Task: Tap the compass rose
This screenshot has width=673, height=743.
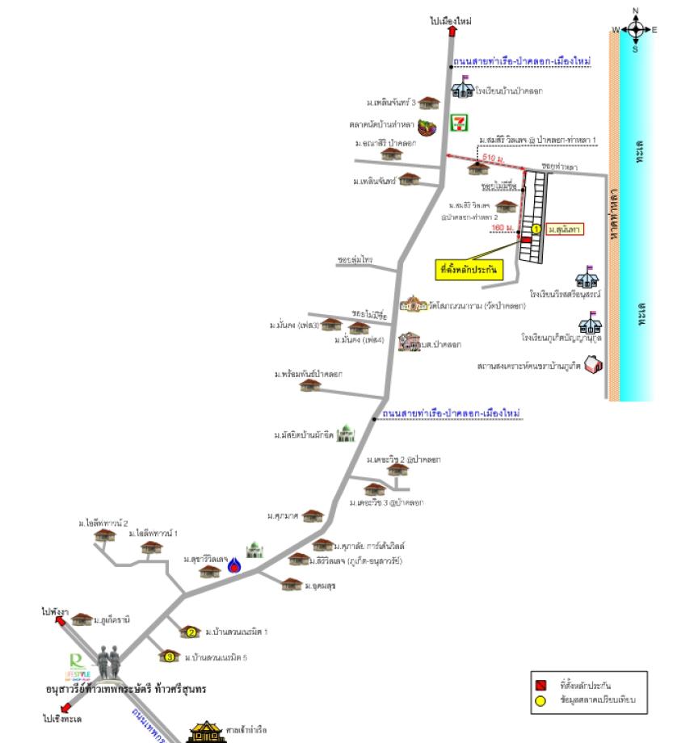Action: click(x=636, y=30)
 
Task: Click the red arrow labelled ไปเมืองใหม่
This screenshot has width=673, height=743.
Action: click(x=452, y=31)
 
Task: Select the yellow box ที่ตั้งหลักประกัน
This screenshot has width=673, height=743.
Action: click(x=469, y=270)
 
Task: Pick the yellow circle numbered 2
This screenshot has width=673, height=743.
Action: click(x=191, y=632)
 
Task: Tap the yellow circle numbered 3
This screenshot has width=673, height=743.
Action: click(x=170, y=657)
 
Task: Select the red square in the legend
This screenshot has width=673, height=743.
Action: click(x=540, y=686)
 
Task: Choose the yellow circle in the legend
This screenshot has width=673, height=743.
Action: click(x=540, y=700)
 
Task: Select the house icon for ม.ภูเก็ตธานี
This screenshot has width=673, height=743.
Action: click(x=82, y=619)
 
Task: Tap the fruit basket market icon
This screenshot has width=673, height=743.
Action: click(x=435, y=125)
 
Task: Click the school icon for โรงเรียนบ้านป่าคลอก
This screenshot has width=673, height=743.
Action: click(x=462, y=89)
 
